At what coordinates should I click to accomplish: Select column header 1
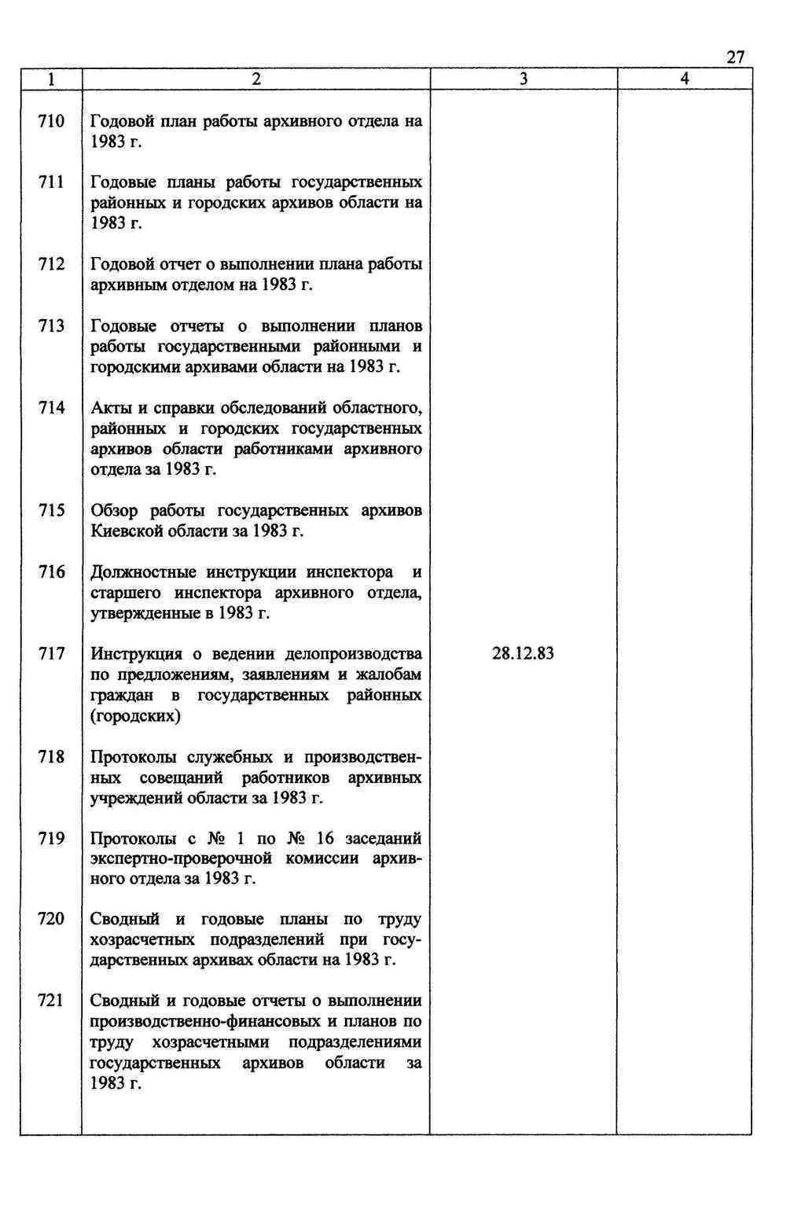[51, 79]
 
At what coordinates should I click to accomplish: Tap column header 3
[524, 79]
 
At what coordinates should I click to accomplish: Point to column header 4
[685, 79]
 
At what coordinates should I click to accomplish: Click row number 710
[52, 122]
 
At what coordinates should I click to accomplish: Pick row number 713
[52, 326]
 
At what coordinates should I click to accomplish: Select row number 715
[52, 511]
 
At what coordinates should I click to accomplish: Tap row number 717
[52, 654]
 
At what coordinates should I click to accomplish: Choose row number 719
[52, 839]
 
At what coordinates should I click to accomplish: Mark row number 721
[52, 1001]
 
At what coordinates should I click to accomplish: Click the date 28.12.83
[523, 654]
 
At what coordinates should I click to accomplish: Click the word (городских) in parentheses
[135, 716]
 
